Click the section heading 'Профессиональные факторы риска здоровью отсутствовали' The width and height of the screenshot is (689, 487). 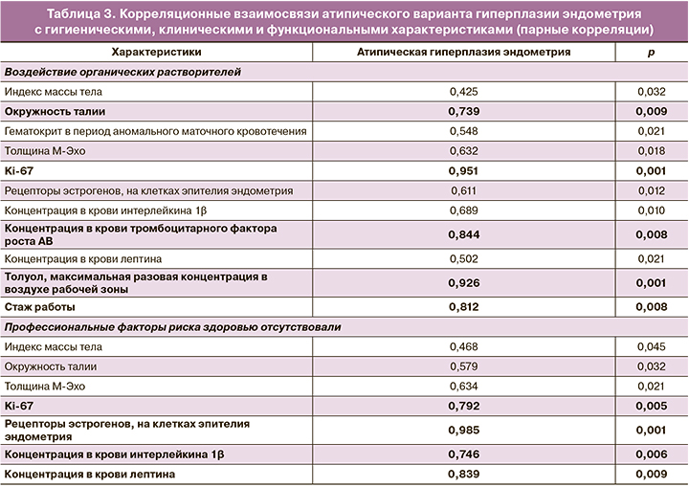(173, 327)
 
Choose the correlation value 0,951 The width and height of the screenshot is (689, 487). (463, 170)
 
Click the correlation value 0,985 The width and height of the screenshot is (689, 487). (463, 429)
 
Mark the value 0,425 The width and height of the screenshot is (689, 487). (463, 92)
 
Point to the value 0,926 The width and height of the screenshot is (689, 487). (463, 282)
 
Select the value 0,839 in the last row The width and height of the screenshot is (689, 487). (463, 474)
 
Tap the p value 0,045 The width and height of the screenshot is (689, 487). (652, 346)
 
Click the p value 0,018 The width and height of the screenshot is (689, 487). (652, 150)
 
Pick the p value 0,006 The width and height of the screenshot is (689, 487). (652, 454)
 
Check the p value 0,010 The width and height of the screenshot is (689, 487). (652, 210)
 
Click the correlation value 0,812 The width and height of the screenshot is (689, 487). (463, 307)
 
